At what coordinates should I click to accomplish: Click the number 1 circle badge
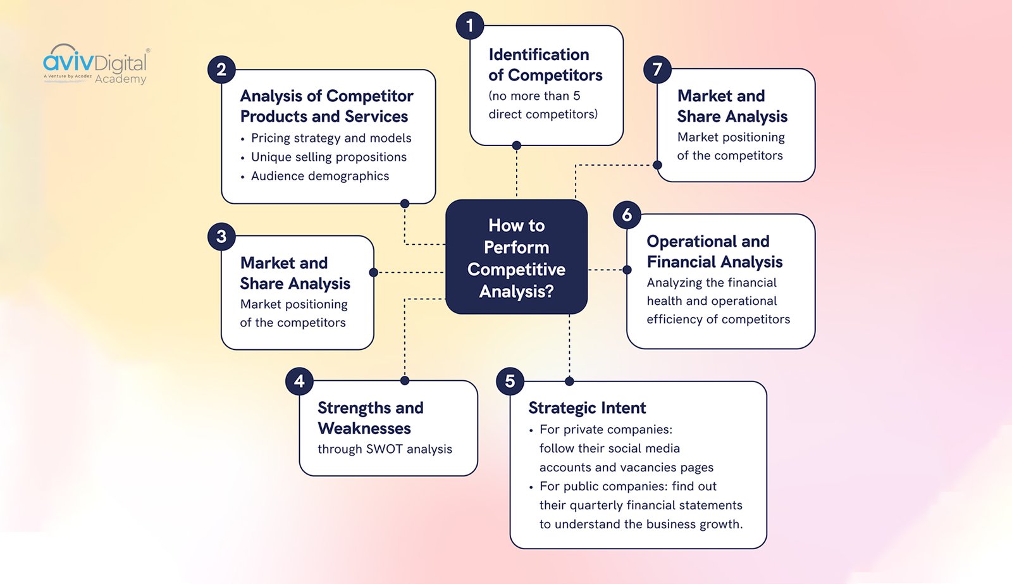tap(469, 26)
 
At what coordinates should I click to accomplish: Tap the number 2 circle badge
tap(221, 70)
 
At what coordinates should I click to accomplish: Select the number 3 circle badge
tap(221, 237)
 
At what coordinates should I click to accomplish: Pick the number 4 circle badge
tap(299, 381)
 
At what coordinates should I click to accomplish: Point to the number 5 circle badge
tap(510, 382)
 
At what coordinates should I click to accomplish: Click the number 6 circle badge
tap(627, 215)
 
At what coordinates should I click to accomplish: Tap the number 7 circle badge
tap(657, 69)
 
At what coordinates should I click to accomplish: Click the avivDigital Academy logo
tap(96, 65)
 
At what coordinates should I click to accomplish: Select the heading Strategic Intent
tap(587, 408)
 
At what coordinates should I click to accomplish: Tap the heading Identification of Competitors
tap(545, 65)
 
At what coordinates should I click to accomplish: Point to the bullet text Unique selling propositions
tap(328, 157)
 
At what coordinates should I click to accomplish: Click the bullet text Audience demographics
tap(319, 176)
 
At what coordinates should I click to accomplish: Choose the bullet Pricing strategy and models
tap(331, 138)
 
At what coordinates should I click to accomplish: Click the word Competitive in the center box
tap(516, 270)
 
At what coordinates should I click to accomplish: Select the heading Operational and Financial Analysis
tap(714, 251)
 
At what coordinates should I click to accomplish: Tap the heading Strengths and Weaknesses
tap(370, 418)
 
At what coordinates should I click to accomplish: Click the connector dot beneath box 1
tap(517, 146)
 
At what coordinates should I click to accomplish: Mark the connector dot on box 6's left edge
tap(627, 270)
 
